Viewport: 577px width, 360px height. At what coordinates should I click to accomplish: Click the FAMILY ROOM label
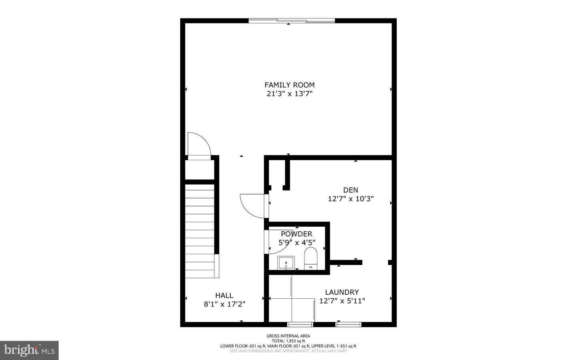coord(289,85)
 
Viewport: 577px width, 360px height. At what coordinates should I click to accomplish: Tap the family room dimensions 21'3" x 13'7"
coord(289,94)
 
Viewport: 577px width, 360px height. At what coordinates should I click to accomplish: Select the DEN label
coord(351,190)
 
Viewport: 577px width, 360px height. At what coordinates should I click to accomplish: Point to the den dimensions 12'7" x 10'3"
coord(351,199)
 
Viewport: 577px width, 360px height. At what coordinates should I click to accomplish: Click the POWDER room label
coord(297,234)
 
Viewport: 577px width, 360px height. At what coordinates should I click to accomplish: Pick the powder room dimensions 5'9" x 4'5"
coord(297,242)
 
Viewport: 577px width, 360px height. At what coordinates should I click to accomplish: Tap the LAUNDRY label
coord(342,292)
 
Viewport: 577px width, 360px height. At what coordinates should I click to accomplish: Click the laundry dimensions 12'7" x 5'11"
coord(342,301)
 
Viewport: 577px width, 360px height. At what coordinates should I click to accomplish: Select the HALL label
coord(224,296)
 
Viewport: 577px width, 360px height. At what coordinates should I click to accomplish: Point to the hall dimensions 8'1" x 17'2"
coord(224,304)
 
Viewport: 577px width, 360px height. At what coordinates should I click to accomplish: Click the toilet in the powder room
coord(311,258)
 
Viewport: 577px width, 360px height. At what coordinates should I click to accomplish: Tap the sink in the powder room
coord(286,263)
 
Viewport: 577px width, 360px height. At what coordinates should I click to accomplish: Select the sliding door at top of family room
coord(291,20)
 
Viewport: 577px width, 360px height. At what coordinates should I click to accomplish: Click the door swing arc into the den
coord(252,205)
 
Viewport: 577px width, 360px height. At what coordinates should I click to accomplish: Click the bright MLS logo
coord(29,350)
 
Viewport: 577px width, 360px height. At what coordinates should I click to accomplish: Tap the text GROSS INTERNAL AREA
coord(288,336)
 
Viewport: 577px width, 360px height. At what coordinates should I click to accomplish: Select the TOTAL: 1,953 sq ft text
coord(288,341)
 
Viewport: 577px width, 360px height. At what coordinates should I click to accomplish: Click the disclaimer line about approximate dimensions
coord(288,351)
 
